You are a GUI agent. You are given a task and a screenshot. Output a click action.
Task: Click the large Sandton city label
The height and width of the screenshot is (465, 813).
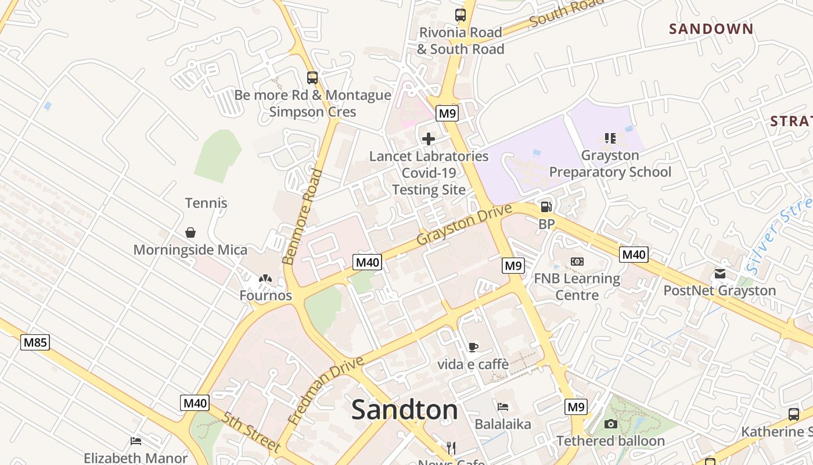tap(404, 410)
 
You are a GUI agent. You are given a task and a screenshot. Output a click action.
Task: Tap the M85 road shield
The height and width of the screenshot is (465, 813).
tap(35, 342)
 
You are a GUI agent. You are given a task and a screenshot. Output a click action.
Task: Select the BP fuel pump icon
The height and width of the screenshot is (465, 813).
tap(546, 207)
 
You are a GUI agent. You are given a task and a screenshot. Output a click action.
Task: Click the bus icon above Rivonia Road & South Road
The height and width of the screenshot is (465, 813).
tap(461, 15)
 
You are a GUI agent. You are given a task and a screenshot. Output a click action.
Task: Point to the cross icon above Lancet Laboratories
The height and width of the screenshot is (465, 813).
tap(429, 139)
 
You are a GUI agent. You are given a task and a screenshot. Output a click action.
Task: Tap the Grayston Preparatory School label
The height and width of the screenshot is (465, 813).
tap(610, 164)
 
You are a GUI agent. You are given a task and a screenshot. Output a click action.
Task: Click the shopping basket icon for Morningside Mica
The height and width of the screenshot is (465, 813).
tap(190, 233)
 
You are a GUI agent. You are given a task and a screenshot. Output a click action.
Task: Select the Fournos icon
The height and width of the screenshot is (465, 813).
tap(265, 279)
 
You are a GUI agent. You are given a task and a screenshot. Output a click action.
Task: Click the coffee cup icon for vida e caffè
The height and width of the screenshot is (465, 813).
tap(473, 348)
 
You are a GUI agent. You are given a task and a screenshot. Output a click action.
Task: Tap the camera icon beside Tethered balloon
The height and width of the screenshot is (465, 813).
tap(610, 424)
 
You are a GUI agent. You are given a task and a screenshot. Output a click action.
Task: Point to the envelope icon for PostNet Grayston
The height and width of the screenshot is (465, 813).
tap(720, 274)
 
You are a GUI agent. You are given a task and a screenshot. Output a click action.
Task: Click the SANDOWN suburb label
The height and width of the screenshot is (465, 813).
tap(711, 28)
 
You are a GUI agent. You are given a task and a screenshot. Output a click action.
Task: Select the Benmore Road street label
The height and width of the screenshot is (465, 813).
tap(302, 216)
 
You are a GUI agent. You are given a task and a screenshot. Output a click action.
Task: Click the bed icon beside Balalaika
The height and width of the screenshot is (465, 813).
tap(503, 407)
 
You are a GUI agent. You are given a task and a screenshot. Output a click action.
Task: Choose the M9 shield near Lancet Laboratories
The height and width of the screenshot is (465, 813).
tap(447, 113)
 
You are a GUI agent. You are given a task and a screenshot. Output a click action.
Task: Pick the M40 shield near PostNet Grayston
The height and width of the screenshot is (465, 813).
tap(634, 255)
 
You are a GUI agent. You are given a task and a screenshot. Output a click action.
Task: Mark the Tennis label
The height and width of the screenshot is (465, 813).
tap(206, 203)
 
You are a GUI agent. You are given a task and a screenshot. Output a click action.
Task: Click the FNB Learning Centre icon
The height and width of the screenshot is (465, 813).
tap(577, 262)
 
